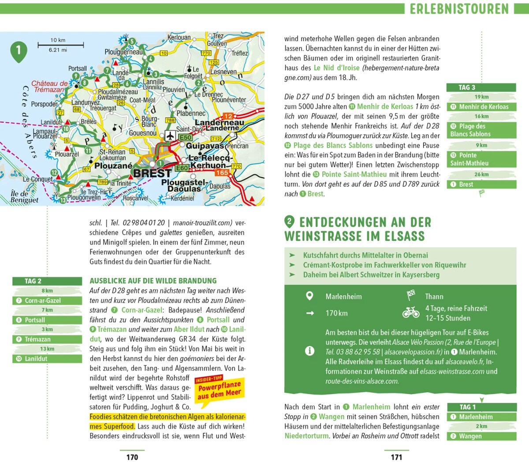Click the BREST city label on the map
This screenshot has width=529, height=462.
click(152, 173)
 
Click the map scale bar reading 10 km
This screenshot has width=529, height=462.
click(60, 45)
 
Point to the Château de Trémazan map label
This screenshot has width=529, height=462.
click(49, 86)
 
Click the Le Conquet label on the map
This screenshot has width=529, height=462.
click(37, 179)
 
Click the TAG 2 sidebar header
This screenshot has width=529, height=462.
click(47, 281)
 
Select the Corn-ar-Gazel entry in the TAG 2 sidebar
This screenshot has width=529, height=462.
click(47, 300)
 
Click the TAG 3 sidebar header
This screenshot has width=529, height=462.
click(481, 87)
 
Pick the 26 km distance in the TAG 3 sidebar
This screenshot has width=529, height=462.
click(481, 174)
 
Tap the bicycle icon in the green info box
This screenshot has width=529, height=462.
click(411, 312)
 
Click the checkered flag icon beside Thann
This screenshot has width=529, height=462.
click(411, 295)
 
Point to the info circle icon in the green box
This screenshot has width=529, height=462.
click(309, 351)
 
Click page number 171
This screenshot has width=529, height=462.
click(396, 457)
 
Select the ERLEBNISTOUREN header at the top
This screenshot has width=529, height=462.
click(459, 9)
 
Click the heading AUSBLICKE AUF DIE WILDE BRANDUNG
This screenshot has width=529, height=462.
click(153, 281)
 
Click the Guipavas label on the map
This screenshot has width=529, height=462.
click(205, 146)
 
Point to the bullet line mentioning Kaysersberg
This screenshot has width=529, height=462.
click(371, 274)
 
